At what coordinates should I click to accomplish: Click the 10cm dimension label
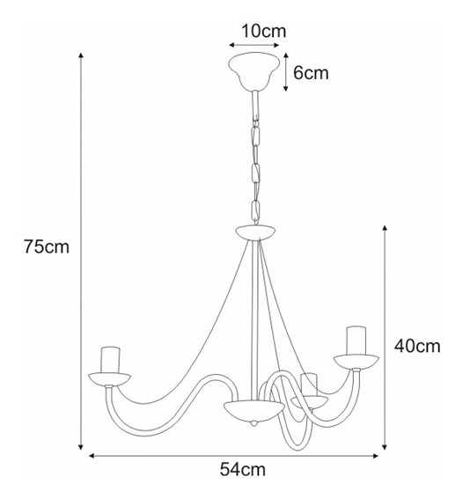262,32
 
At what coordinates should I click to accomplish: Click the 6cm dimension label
310,73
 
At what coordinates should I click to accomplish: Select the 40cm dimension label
416,346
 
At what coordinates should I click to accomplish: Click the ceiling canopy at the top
254,70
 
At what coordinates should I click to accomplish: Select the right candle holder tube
355,340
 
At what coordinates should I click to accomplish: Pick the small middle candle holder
308,385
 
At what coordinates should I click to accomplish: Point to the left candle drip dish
110,378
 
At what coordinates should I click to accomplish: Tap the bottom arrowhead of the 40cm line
386,444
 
